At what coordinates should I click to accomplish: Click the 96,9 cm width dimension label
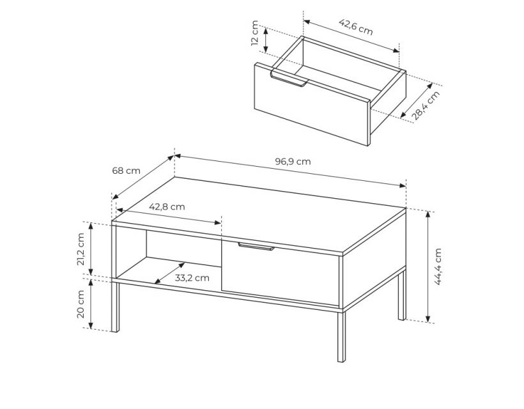(x=293, y=162)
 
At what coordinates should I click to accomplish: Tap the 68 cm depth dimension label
(x=126, y=171)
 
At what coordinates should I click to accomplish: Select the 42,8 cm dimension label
(x=167, y=207)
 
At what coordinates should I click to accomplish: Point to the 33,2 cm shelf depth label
(x=192, y=278)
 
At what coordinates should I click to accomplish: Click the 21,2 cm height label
(x=81, y=249)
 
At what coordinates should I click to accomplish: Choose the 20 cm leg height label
(x=81, y=304)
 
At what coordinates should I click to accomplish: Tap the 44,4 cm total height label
(x=438, y=266)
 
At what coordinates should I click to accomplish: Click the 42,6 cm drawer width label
(x=355, y=27)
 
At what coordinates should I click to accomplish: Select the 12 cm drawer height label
(x=254, y=33)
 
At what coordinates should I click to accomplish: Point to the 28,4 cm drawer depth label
(x=425, y=105)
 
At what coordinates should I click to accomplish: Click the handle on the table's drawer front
(x=256, y=247)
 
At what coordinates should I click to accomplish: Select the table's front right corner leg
(x=341, y=336)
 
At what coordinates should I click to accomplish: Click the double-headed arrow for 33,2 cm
(x=170, y=274)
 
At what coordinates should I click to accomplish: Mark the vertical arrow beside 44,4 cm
(x=428, y=267)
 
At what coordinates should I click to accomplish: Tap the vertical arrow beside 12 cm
(x=266, y=40)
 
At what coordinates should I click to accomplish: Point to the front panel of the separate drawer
(x=312, y=104)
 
